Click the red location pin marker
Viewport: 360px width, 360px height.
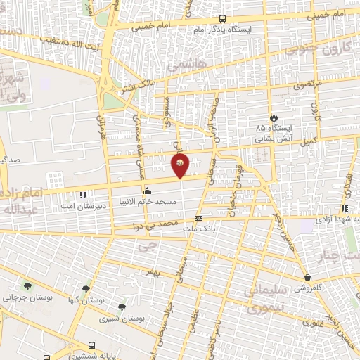click(x=180, y=165)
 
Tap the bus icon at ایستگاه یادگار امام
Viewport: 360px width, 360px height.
click(x=223, y=20)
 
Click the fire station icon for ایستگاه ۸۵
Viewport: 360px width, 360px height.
click(x=274, y=117)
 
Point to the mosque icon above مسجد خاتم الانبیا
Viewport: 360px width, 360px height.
click(x=147, y=190)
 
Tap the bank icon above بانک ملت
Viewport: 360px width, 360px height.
click(x=198, y=218)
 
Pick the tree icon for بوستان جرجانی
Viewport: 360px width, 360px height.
click(x=27, y=286)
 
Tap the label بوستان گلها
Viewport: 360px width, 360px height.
click(x=86, y=300)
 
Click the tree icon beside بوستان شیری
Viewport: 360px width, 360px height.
click(x=122, y=307)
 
